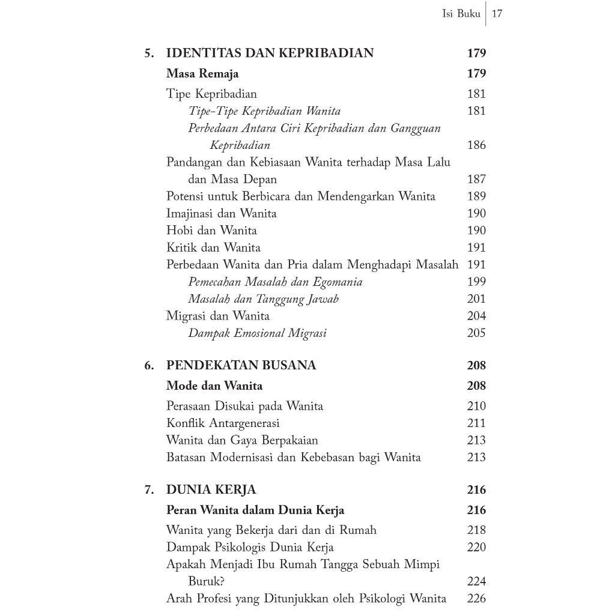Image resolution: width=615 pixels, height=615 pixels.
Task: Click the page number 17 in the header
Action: (x=497, y=14)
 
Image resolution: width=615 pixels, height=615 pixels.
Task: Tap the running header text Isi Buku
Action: (x=461, y=14)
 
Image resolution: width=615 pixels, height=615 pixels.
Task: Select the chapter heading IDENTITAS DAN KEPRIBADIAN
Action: (x=270, y=53)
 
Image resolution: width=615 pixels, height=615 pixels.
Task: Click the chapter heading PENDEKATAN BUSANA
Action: (x=241, y=366)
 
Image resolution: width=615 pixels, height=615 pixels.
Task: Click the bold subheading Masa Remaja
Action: (x=202, y=74)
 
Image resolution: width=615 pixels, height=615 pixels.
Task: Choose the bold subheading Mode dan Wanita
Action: (x=214, y=386)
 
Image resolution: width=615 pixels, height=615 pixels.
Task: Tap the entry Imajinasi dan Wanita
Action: (x=221, y=213)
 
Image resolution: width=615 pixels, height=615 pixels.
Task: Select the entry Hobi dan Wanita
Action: (x=211, y=231)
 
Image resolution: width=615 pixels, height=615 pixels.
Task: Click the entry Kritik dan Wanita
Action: (x=213, y=247)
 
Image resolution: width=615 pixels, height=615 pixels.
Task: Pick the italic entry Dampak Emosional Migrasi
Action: (x=257, y=333)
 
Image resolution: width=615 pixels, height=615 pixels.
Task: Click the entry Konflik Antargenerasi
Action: (x=223, y=423)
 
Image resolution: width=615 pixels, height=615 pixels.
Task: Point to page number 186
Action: (x=476, y=145)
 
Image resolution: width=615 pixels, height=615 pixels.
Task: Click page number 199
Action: (x=476, y=282)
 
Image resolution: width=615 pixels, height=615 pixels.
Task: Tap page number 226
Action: (x=476, y=599)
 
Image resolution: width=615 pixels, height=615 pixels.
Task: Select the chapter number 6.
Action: (x=149, y=366)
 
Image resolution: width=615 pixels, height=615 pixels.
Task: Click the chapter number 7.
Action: (x=149, y=490)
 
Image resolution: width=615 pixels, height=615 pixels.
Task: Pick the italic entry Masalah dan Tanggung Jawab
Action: (x=263, y=299)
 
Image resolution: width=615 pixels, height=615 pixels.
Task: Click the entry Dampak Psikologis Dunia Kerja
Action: (x=250, y=548)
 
